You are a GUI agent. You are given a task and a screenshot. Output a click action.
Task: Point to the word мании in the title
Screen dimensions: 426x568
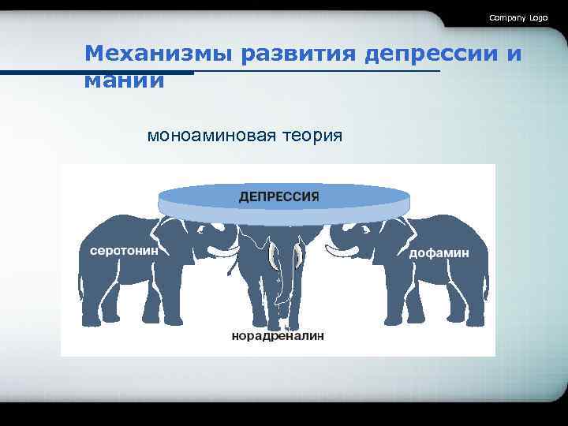(125, 80)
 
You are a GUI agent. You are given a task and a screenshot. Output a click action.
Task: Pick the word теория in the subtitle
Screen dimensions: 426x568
(313, 135)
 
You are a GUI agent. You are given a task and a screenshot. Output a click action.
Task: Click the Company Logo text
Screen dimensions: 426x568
(518, 17)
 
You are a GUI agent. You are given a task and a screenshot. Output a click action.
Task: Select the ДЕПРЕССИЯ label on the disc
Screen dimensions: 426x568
(278, 196)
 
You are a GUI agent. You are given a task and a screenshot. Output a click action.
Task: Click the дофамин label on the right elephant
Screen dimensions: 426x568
(439, 252)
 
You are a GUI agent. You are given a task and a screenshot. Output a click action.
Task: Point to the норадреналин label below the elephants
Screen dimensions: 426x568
(278, 336)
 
